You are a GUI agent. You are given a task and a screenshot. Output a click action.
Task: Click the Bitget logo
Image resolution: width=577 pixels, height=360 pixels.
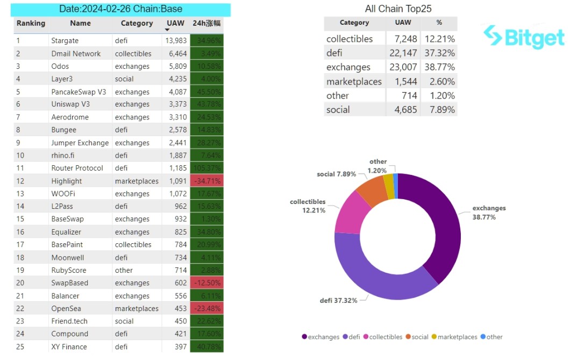pyautogui.click(x=524, y=37)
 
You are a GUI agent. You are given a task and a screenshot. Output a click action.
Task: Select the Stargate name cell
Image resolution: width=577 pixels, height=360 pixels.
pyautogui.click(x=65, y=40)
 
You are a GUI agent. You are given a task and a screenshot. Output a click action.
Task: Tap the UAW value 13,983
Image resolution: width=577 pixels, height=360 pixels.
pyautogui.click(x=175, y=40)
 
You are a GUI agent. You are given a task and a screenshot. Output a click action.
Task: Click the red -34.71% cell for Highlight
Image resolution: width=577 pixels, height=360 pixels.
pyautogui.click(x=206, y=181)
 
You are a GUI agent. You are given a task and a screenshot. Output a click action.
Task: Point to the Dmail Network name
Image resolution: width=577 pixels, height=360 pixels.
pyautogui.click(x=76, y=53)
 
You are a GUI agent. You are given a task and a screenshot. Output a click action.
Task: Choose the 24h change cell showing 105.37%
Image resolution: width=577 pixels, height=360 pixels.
pyautogui.click(x=206, y=168)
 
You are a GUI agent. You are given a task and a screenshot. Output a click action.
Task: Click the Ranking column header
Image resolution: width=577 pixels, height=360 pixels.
pyautogui.click(x=31, y=24)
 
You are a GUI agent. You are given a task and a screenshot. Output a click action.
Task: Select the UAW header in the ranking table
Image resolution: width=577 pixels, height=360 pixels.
pyautogui.click(x=175, y=24)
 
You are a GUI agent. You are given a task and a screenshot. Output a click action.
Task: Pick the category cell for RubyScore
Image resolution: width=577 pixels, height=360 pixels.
pyautogui.click(x=124, y=270)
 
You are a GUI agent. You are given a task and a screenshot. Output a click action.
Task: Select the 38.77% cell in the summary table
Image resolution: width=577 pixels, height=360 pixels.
pyautogui.click(x=438, y=67)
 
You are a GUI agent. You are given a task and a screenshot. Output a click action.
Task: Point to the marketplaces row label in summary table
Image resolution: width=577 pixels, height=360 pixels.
pyautogui.click(x=354, y=82)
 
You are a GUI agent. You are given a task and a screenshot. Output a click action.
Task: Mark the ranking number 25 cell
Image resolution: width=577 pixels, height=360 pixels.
pyautogui.click(x=20, y=347)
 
